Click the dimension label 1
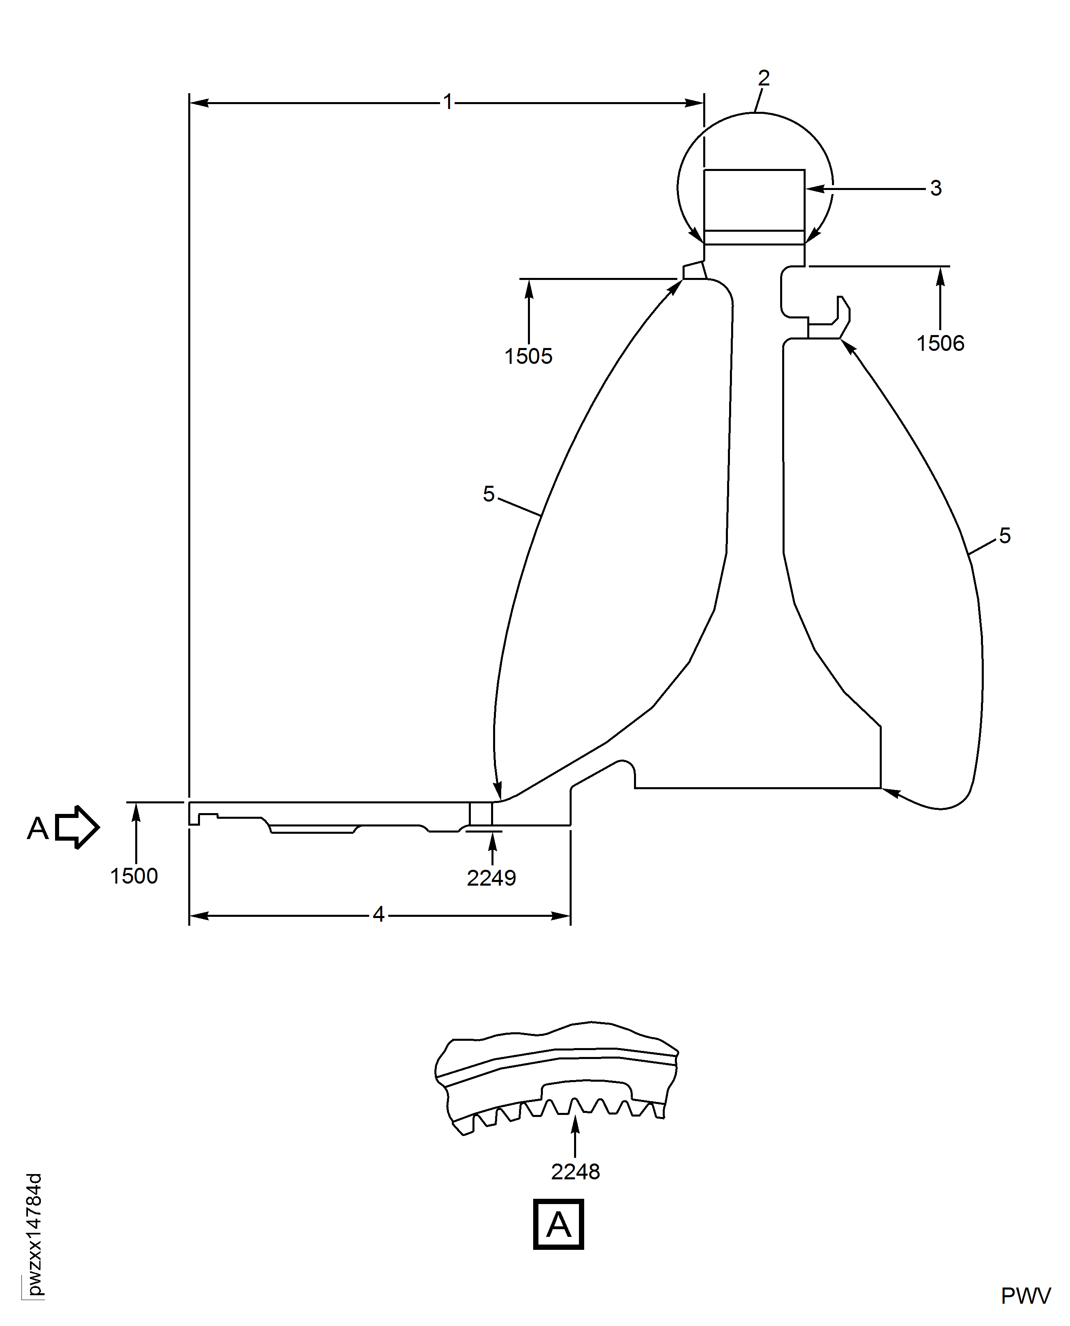(448, 102)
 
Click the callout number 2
(764, 78)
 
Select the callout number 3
(936, 188)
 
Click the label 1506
(940, 344)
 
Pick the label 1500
(134, 876)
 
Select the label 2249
(491, 878)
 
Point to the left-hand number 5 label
(489, 494)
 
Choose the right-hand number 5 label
(1005, 535)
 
